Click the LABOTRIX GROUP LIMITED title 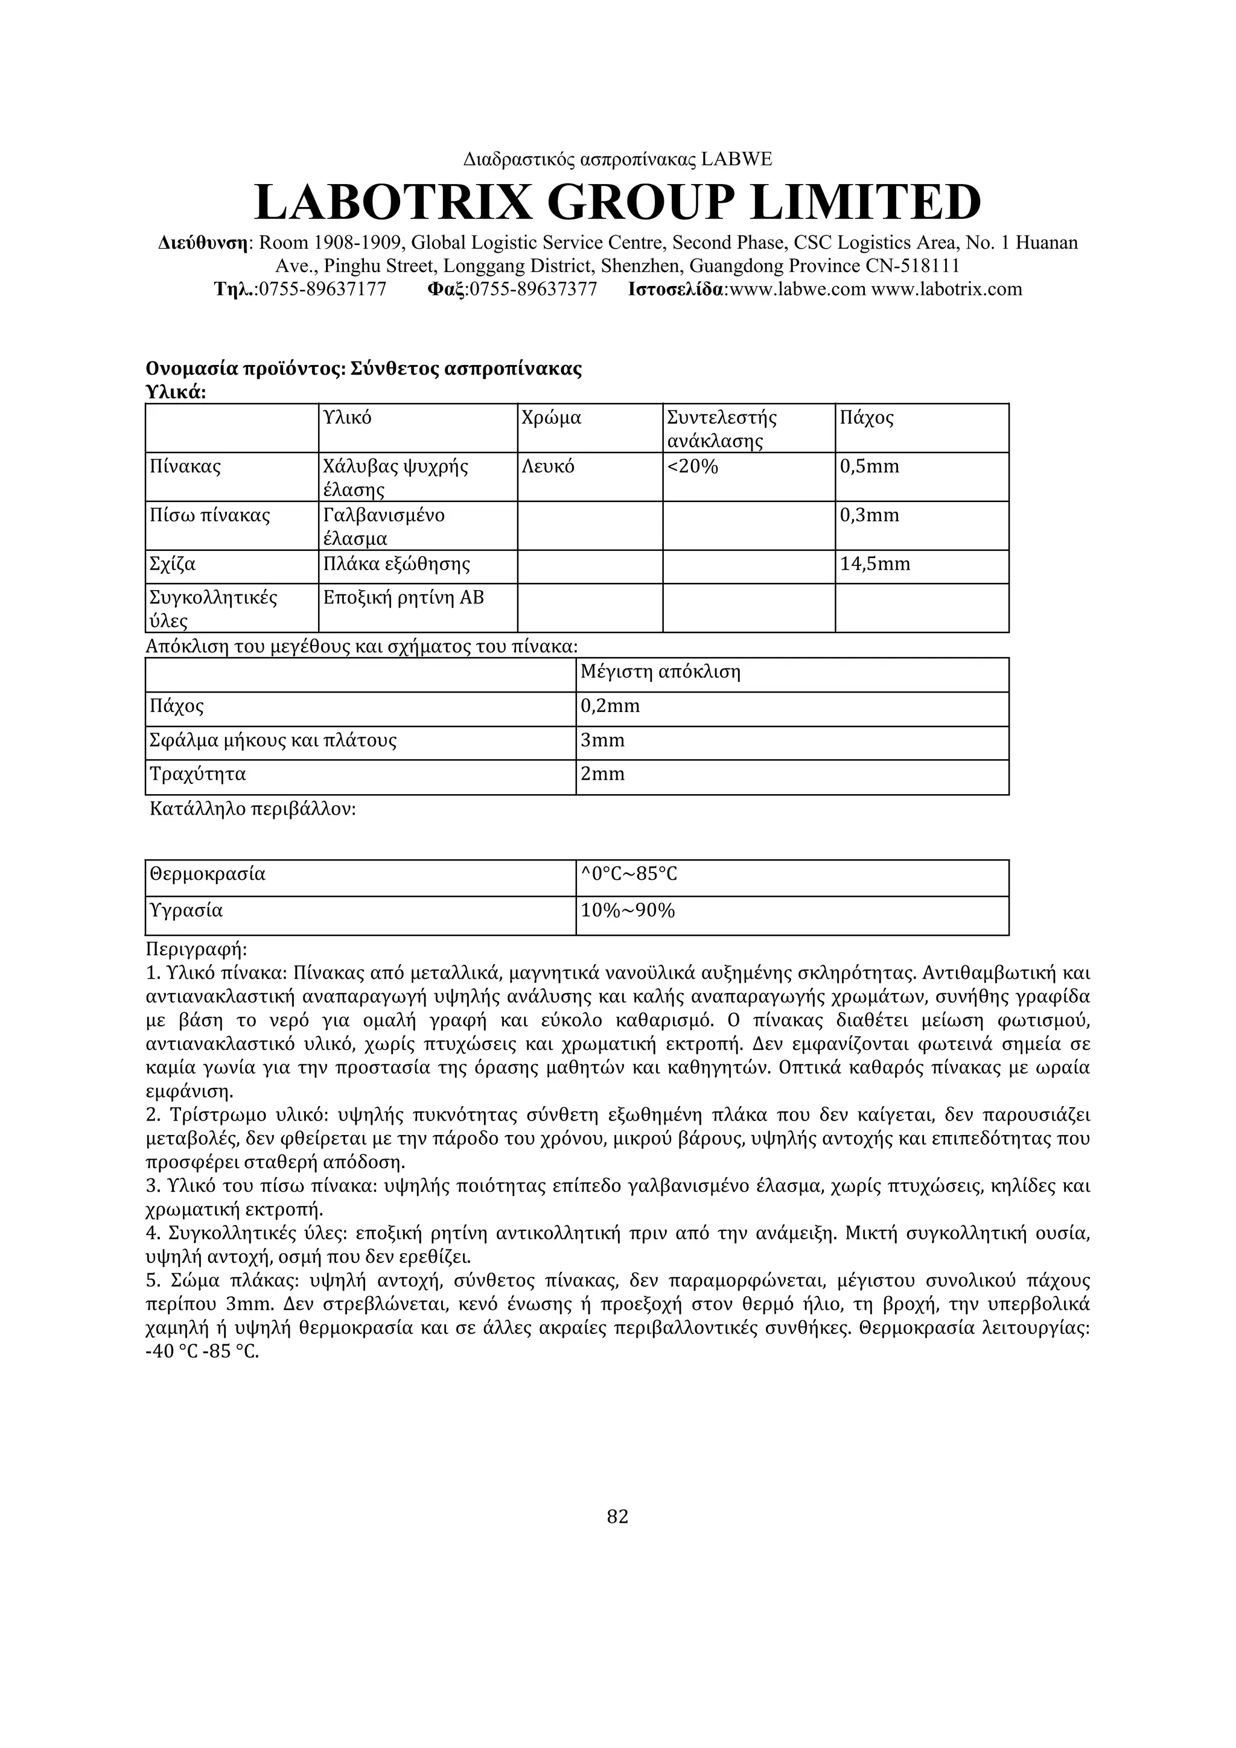617,203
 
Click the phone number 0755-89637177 322,289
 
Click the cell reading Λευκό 549,466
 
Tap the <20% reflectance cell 692,466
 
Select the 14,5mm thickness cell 875,564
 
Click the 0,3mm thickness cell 870,515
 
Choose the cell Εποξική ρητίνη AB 404,597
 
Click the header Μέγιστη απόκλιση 660,672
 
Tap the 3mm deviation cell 602,740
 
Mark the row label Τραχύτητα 198,774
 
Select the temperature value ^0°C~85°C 629,874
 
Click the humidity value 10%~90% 628,911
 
